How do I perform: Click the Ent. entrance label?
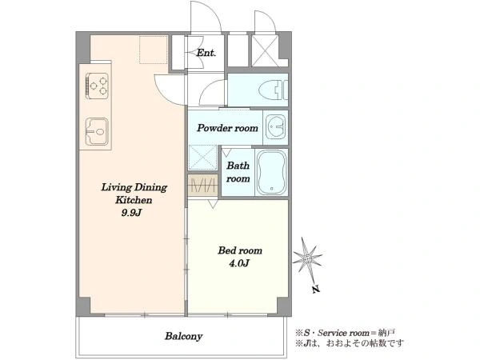coord(206,53)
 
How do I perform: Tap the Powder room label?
coord(227,128)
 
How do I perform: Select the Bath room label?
coord(238,172)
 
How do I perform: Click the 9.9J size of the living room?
coord(131,213)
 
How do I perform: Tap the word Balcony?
coord(184,336)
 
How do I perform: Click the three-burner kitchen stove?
coord(98,86)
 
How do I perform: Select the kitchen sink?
coord(97,132)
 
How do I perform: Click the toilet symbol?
coord(274,90)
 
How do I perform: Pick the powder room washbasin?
coord(276,127)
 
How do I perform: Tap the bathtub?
coord(271,173)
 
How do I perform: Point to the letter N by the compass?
coord(316,289)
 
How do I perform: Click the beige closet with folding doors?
coord(203,186)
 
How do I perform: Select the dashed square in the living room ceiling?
coord(154,50)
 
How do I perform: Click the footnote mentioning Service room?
coord(346,333)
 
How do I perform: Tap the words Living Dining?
coord(134,187)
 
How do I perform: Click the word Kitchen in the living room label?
coord(134,200)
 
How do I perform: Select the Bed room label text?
coord(240,250)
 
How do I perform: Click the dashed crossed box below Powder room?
coord(202,158)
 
